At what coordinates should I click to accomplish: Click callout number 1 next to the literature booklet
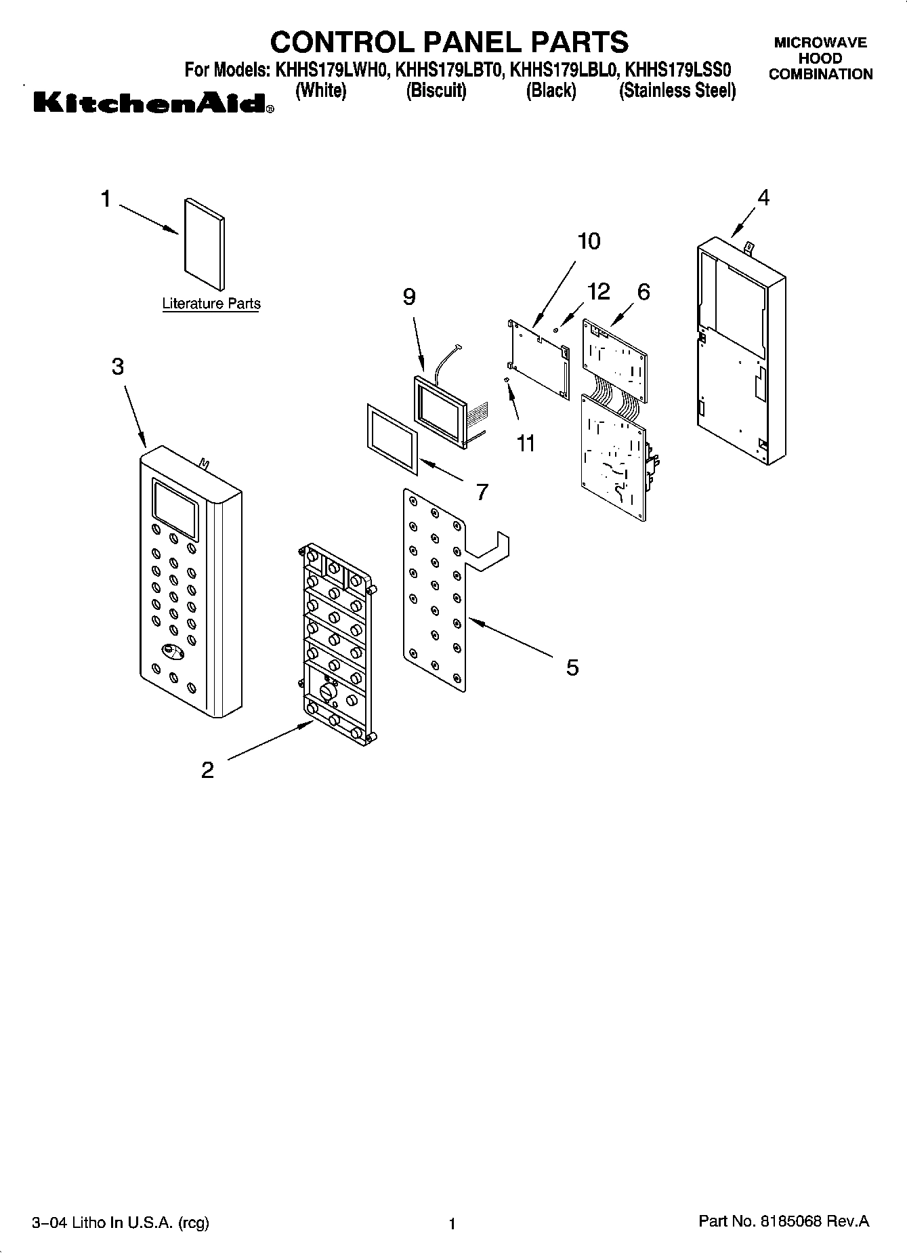coord(106,199)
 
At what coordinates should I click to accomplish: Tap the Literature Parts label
coord(211,304)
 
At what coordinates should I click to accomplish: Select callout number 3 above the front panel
coord(118,367)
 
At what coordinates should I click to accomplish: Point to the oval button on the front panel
coord(173,652)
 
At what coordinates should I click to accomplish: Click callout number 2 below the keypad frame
coord(207,770)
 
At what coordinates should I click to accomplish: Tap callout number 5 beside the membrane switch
coord(572,667)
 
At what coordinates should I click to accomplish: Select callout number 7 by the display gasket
coord(482,491)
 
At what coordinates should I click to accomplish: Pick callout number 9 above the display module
coord(409,297)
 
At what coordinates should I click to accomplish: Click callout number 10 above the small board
coord(589,241)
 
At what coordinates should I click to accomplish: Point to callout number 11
coord(526,443)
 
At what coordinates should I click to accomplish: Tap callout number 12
coord(598,291)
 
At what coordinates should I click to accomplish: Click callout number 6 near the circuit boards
coord(643,291)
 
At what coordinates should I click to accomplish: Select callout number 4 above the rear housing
coord(763,198)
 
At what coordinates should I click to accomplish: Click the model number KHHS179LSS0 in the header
coord(677,70)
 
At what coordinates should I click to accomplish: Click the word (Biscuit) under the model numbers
coord(436,91)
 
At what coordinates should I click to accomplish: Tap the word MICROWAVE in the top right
coord(820,43)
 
